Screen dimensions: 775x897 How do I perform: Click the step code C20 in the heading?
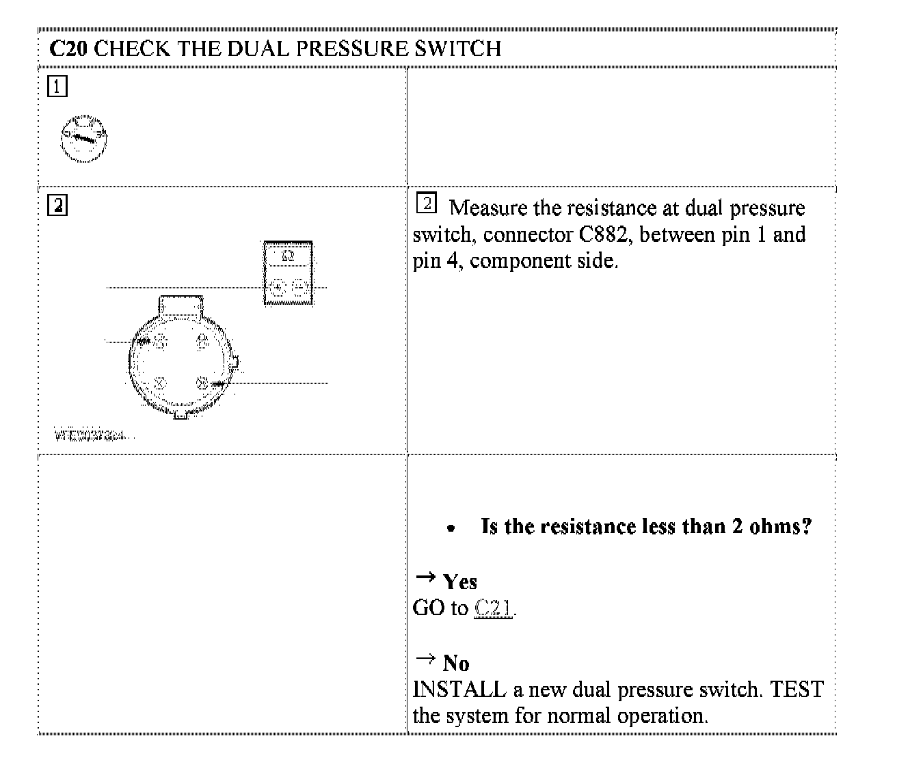(68, 49)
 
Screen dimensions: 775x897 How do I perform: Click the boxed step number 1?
(57, 87)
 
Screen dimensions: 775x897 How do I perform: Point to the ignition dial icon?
(83, 139)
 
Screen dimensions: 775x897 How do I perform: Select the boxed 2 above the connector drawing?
(57, 206)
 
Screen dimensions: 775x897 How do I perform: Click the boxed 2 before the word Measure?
(427, 203)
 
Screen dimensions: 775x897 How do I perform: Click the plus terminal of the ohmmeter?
(277, 288)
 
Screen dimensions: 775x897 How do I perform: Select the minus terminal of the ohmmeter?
(299, 288)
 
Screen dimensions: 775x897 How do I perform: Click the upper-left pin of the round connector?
(159, 340)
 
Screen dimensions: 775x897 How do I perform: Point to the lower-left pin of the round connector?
(159, 383)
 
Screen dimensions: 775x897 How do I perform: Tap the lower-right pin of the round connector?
(202, 383)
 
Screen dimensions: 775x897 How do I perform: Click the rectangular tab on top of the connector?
(180, 306)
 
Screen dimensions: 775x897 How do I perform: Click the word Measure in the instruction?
(487, 208)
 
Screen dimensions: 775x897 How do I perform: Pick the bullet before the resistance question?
(450, 528)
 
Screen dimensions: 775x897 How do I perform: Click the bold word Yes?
(460, 582)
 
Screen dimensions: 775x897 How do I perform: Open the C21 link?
(493, 608)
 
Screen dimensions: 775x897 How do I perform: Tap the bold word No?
(456, 663)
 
